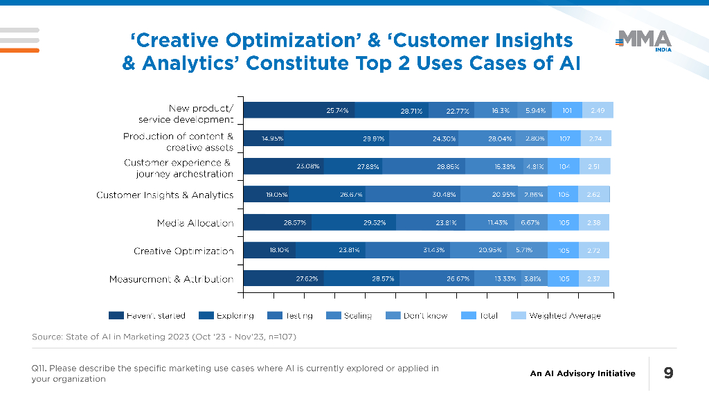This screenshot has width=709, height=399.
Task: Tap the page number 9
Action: click(668, 373)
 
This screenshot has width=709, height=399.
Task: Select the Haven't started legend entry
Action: click(147, 316)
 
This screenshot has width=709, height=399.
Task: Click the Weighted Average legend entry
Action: click(557, 316)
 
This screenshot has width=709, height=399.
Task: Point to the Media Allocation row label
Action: click(195, 223)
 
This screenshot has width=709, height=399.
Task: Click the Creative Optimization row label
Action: click(183, 251)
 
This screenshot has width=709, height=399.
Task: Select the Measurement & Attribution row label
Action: click(171, 279)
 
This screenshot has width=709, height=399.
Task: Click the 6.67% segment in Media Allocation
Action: click(530, 223)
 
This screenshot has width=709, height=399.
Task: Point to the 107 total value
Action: click(564, 139)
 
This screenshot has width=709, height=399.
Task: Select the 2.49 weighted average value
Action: click(598, 110)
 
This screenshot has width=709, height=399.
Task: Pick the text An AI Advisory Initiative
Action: click(582, 373)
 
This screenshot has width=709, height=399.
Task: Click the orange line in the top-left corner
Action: click(19, 50)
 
